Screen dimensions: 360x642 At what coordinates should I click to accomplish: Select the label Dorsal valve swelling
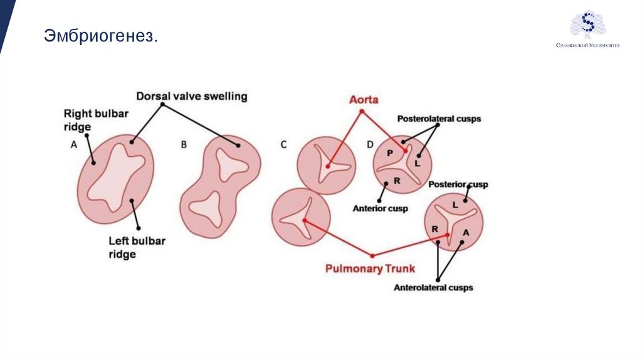click(x=192, y=97)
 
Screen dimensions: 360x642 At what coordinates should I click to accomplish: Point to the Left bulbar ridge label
click(x=136, y=247)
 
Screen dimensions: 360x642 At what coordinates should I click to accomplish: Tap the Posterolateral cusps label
click(x=439, y=118)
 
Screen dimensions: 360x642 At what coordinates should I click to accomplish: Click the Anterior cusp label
click(x=380, y=208)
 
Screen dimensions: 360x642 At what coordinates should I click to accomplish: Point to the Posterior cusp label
click(x=458, y=184)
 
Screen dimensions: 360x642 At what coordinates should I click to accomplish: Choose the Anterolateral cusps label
click(x=433, y=288)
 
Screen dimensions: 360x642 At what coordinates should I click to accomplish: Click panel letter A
click(x=73, y=144)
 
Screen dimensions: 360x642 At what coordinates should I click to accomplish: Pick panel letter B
click(x=184, y=144)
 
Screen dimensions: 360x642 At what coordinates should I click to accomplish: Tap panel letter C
click(x=283, y=145)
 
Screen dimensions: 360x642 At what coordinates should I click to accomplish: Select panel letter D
click(x=370, y=145)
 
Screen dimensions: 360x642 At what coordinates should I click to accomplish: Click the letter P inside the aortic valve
click(x=389, y=153)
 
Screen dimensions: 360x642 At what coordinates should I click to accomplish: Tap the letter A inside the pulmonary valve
click(x=465, y=233)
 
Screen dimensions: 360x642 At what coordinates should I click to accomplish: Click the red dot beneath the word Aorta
click(x=361, y=112)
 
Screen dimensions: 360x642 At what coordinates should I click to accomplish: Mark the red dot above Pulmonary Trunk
click(x=372, y=255)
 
